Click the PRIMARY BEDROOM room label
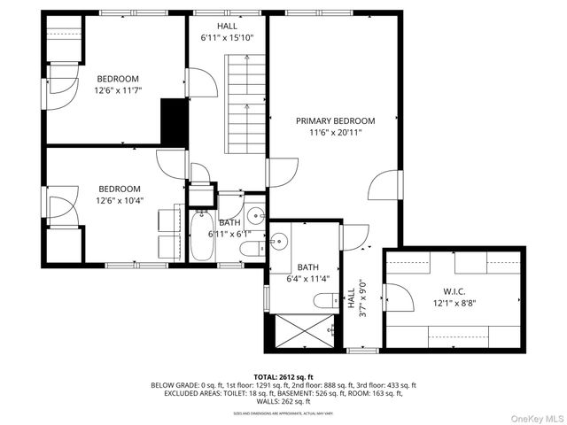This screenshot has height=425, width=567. (335, 121)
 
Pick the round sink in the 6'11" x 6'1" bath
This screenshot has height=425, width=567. (255, 215)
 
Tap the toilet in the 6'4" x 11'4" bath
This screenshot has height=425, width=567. (326, 301)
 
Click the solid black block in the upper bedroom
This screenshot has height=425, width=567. (173, 122)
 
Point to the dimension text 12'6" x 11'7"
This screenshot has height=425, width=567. (119, 90)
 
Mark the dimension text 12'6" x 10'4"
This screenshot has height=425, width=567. (119, 200)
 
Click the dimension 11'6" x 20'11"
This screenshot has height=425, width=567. (335, 133)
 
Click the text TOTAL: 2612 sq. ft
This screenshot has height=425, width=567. (283, 376)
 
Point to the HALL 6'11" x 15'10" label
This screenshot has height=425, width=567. (227, 33)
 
